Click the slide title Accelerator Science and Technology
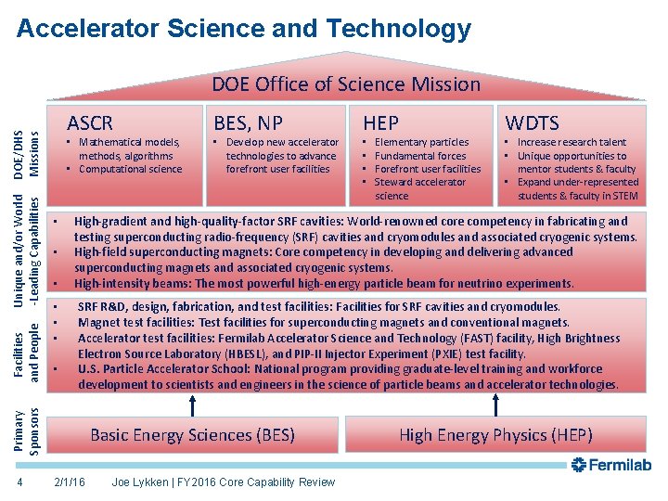click(244, 29)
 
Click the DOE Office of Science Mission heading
click(346, 84)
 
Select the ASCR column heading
click(90, 122)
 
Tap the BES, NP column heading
click(248, 122)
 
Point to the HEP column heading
click(380, 122)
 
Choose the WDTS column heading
click(532, 122)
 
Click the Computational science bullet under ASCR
click(130, 169)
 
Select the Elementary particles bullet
click(421, 142)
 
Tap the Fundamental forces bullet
click(419, 156)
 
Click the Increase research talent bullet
click(572, 142)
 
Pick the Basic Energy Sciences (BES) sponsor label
click(192, 434)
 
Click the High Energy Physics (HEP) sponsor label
click(495, 434)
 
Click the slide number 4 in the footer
click(19, 482)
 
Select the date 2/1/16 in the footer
click(71, 482)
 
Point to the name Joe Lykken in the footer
click(142, 482)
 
